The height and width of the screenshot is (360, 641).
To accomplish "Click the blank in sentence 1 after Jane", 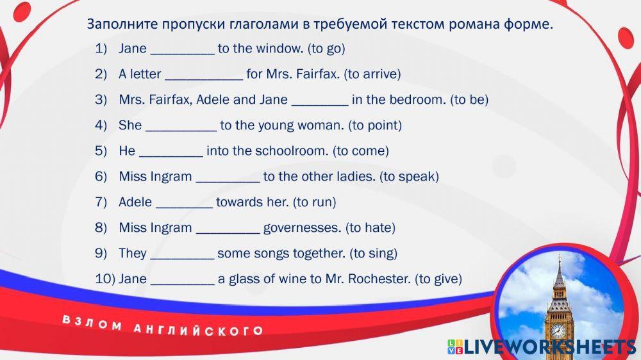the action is (x=183, y=54).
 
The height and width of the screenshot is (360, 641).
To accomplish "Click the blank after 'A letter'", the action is (x=204, y=79).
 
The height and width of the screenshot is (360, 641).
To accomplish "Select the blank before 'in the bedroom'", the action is (x=320, y=105).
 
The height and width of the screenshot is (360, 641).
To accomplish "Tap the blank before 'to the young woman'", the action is (x=181, y=131).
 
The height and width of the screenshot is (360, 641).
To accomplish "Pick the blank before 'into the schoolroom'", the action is (x=171, y=156).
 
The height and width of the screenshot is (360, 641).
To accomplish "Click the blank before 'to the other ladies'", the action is (x=228, y=182).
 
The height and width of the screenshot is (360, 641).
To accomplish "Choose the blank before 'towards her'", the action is (x=185, y=208).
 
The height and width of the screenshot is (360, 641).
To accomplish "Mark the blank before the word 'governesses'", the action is (x=228, y=233).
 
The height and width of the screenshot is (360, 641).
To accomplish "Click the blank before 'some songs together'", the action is (x=182, y=259).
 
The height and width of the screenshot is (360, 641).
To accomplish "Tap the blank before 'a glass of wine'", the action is (x=183, y=284).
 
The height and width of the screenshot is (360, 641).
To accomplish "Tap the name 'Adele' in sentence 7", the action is (x=135, y=202).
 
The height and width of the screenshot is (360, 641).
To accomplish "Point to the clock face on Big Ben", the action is (x=558, y=330).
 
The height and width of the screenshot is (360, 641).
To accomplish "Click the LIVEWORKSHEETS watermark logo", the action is (x=542, y=347).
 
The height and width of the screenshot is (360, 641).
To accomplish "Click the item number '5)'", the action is (x=101, y=151).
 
